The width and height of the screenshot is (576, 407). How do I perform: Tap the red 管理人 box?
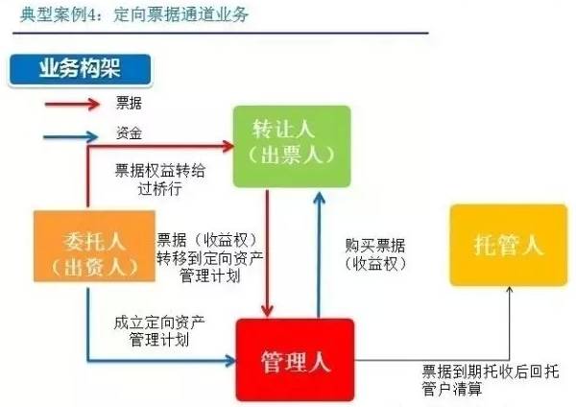296,360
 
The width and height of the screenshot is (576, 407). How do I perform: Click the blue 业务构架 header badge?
80,70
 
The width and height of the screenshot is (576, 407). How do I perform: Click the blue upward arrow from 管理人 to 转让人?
319,250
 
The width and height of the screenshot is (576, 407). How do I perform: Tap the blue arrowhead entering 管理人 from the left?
228,360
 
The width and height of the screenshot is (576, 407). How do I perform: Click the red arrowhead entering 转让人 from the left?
228,146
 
